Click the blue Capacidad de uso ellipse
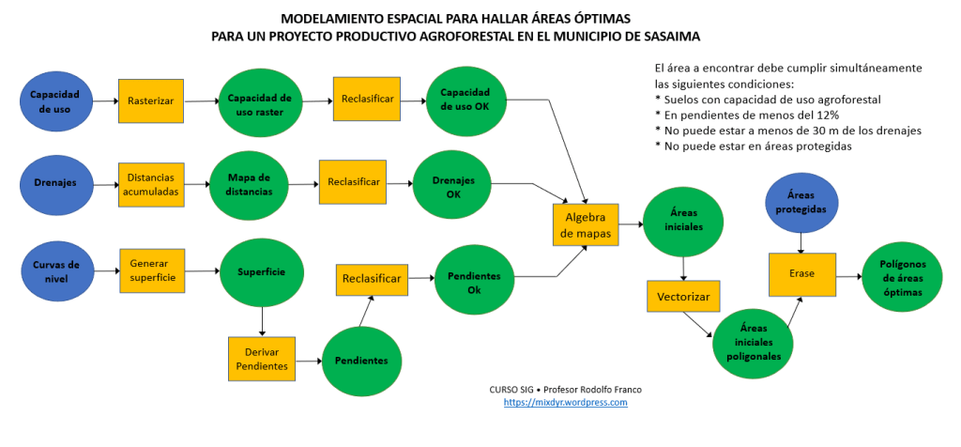coord(54,101)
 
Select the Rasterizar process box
coord(150,100)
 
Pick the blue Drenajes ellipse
coord(54,183)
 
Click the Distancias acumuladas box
coord(151,185)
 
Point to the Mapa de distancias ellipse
coord(249,185)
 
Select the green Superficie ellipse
coord(262,272)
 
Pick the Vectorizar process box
coord(683,297)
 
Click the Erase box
coord(801,273)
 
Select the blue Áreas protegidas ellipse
coord(801,203)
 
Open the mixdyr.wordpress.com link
coord(565,402)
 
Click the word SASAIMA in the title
coord(665,37)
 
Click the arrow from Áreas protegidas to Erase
coord(801,242)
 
